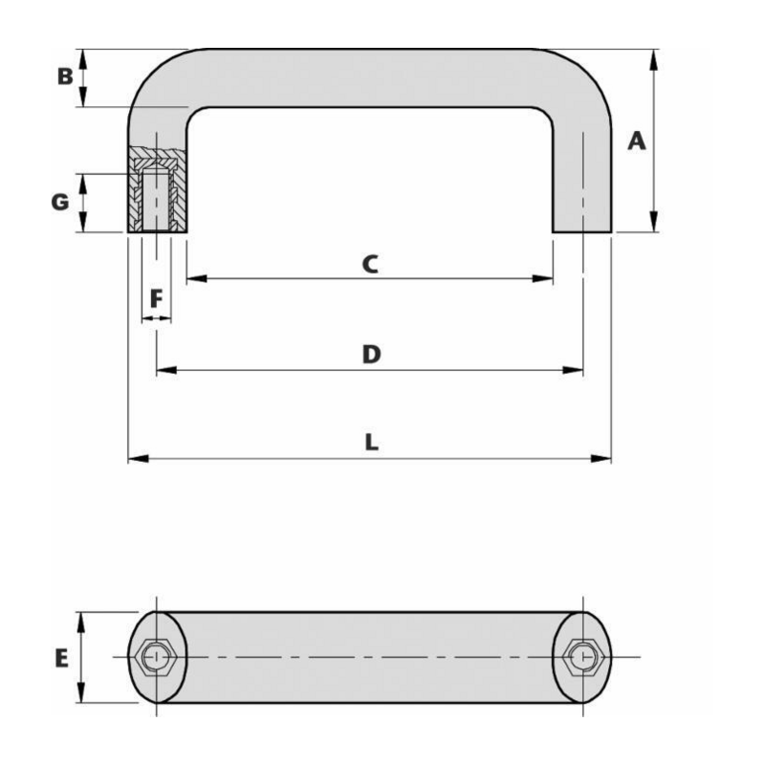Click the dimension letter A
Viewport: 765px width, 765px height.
[x=637, y=142]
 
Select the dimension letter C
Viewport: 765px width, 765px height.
[x=370, y=263]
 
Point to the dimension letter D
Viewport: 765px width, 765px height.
[x=371, y=354]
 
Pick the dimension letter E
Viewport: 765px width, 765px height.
[x=61, y=659]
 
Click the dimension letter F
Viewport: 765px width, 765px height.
[x=157, y=298]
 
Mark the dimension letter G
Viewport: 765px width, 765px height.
[x=60, y=202]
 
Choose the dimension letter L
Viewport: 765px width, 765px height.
[x=371, y=443]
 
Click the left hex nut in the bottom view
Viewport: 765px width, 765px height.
[x=156, y=657]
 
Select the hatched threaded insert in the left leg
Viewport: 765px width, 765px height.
[x=156, y=189]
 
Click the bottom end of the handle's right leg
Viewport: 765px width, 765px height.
[x=581, y=229]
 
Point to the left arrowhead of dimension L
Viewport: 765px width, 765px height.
[x=133, y=459]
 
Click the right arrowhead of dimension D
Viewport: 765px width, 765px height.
[x=578, y=369]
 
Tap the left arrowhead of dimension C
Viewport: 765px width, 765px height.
[x=192, y=278]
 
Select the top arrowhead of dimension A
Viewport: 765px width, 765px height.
[x=653, y=55]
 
